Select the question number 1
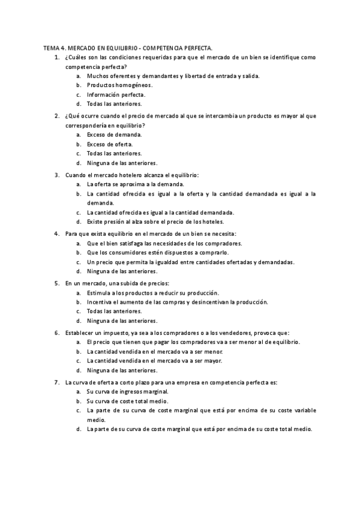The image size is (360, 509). click(56, 57)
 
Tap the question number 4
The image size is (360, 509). click(56, 233)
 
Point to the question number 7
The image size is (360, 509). click(56, 382)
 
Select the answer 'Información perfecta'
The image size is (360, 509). click(116, 95)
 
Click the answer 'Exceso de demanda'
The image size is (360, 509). click(114, 134)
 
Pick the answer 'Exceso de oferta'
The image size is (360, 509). click(110, 144)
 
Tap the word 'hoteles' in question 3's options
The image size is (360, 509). click(211, 221)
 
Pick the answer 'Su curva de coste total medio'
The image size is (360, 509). click(127, 400)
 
